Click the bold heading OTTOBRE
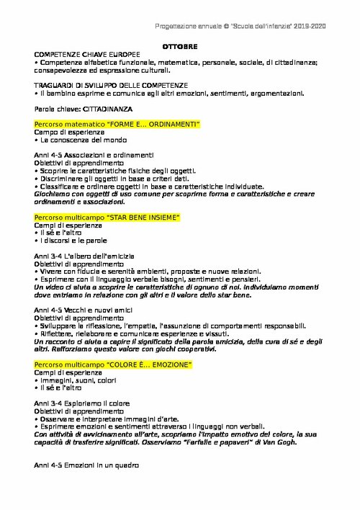tap(179, 45)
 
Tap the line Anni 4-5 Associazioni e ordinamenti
tap(94, 155)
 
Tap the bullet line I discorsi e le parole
tap(70, 241)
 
